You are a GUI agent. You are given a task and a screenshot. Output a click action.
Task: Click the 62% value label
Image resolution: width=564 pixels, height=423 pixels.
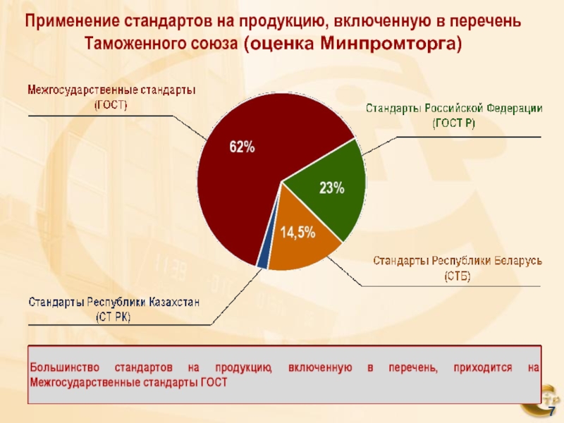(242, 147)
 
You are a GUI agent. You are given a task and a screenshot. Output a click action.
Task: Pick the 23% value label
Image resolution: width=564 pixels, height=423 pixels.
(331, 188)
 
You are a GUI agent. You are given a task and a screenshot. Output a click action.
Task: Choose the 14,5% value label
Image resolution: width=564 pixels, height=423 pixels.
(298, 233)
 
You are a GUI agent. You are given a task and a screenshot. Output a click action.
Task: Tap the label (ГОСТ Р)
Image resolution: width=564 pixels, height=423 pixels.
(453, 123)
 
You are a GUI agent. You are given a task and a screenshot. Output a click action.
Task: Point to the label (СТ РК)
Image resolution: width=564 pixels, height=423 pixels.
(114, 317)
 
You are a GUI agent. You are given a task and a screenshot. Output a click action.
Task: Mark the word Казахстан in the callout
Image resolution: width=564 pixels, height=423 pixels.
(174, 303)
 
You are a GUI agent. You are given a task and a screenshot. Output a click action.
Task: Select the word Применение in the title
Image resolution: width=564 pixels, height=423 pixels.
(66, 21)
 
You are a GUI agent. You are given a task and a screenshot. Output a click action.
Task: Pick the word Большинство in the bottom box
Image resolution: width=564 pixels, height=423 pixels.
(60, 368)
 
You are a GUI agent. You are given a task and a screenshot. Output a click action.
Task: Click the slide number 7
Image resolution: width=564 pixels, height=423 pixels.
(552, 413)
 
